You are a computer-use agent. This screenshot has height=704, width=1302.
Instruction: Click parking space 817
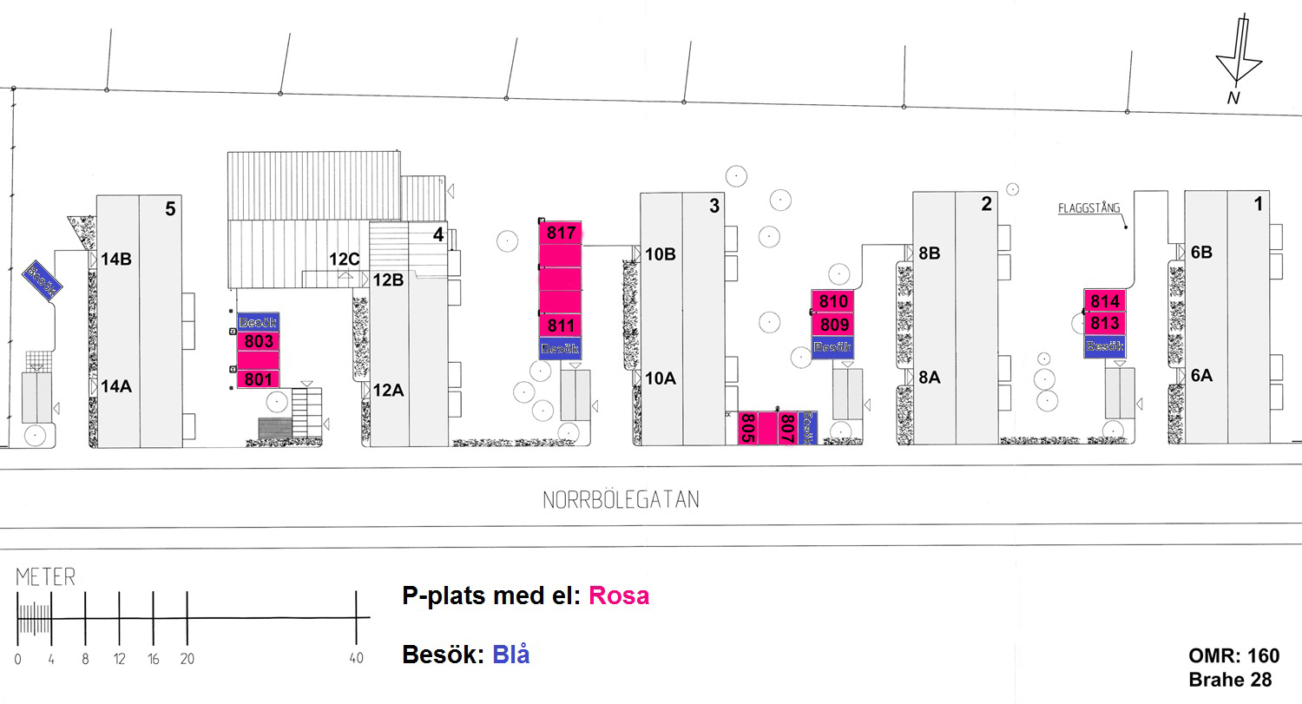561,233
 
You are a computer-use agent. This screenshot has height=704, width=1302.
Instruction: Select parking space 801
258,378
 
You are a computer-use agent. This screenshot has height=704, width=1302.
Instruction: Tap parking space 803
258,341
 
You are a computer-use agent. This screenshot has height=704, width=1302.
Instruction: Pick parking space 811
561,326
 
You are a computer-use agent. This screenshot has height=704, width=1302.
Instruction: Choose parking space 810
833,302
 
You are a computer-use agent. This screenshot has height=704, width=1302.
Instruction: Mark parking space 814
1105,301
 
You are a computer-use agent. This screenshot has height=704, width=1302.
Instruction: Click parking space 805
746,428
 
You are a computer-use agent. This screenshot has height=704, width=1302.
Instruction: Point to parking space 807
786,428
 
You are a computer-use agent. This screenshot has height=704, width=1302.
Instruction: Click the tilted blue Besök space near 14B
41,280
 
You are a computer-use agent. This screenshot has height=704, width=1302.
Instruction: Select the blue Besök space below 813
1105,346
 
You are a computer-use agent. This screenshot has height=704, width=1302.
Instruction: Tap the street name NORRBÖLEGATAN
621,500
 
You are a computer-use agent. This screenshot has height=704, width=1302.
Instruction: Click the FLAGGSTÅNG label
1088,208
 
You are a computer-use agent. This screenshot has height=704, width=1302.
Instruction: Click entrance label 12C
344,259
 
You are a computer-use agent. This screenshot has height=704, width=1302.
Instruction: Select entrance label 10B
660,254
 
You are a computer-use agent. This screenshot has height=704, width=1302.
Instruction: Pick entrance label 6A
1201,376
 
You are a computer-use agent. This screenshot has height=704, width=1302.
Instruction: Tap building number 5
170,208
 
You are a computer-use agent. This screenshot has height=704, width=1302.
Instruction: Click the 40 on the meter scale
356,659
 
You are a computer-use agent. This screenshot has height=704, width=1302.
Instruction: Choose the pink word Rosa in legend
618,596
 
